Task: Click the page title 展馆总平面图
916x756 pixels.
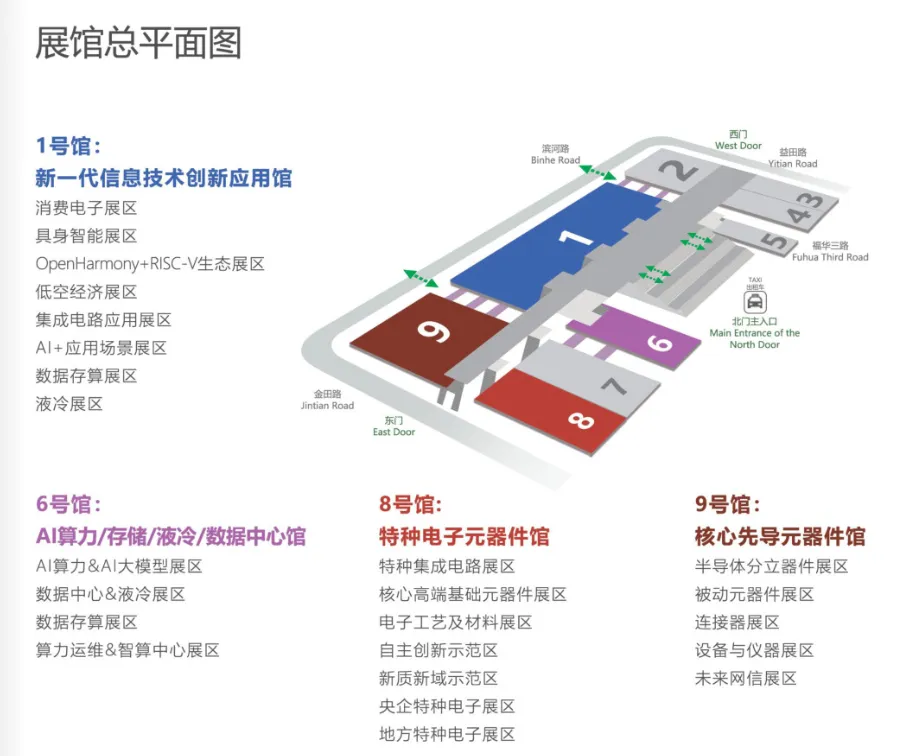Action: pyautogui.click(x=138, y=43)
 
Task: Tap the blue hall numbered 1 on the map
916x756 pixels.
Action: pyautogui.click(x=560, y=245)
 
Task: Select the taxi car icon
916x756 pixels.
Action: pyautogui.click(x=755, y=300)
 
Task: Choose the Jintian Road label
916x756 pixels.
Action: pyautogui.click(x=327, y=401)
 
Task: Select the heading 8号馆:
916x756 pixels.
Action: pyautogui.click(x=410, y=504)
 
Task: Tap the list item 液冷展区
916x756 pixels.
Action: pyautogui.click(x=69, y=404)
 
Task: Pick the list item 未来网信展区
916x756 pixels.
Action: pyautogui.click(x=745, y=678)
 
